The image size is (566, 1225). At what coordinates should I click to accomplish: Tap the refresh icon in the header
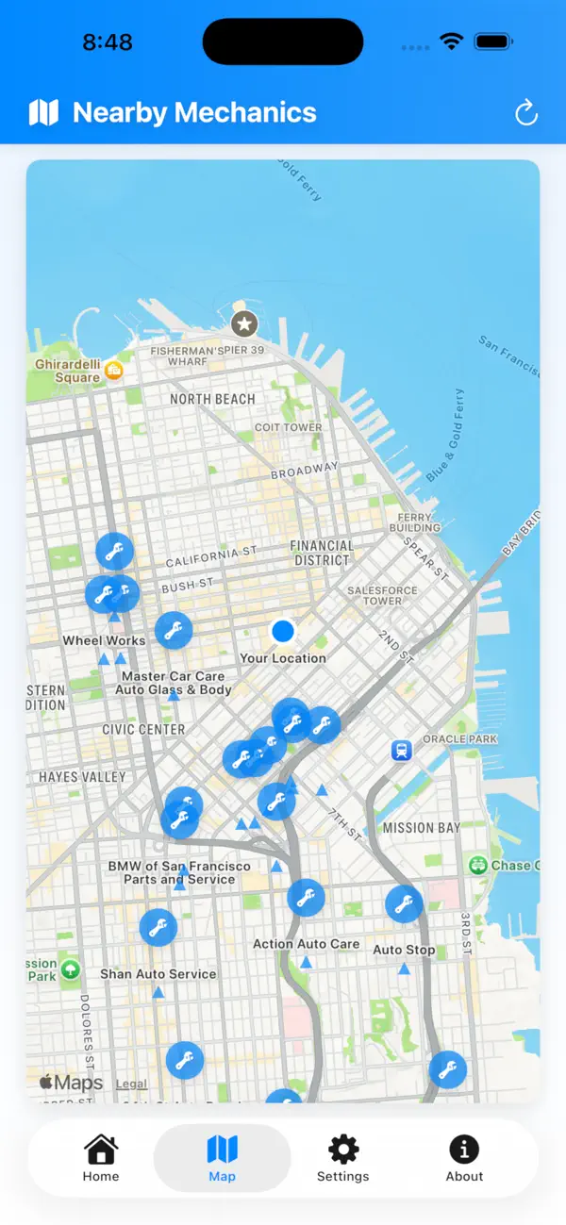coord(525,113)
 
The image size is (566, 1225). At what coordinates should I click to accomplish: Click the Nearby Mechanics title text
coord(194,113)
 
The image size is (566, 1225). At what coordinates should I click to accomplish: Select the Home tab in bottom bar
coord(101,1158)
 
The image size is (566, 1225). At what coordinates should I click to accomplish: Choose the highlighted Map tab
coord(223,1158)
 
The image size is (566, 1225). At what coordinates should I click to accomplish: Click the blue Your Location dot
coord(283,631)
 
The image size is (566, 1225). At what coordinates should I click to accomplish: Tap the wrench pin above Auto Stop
coord(404,904)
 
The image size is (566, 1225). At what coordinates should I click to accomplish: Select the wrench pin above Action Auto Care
coord(306,898)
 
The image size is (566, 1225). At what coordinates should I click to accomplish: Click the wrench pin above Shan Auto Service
coord(158,928)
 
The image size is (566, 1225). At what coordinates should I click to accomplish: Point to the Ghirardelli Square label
coord(68,371)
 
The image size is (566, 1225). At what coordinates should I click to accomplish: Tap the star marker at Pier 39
coord(244,324)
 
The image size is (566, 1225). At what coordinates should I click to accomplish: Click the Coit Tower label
coord(288,427)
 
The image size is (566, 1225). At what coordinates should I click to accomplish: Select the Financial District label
coord(322,553)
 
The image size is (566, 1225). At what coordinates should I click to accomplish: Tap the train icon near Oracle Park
coord(402,751)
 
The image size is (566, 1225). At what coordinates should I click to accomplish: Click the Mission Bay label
coord(422,828)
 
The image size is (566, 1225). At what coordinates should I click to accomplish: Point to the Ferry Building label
coord(415,522)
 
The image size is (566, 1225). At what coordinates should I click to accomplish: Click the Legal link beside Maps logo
coord(131,1084)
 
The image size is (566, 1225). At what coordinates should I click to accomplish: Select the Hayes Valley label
coord(82,777)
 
